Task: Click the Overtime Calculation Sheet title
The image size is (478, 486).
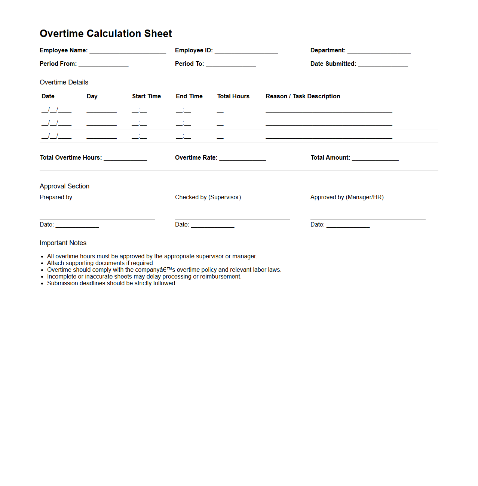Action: click(106, 34)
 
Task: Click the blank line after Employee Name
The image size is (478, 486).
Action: click(128, 51)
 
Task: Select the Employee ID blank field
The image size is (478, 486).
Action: click(246, 51)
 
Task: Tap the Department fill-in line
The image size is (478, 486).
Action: click(379, 51)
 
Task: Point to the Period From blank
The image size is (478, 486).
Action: click(104, 65)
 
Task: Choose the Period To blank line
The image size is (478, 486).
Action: click(231, 65)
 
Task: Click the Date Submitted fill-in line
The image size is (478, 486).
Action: click(383, 65)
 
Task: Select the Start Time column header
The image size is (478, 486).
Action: click(146, 96)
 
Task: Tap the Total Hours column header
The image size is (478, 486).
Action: click(233, 96)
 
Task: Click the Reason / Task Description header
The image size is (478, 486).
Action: click(303, 96)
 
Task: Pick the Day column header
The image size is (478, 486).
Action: click(92, 96)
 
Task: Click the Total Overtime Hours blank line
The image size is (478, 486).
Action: click(125, 159)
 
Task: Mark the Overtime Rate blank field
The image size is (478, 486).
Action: click(242, 159)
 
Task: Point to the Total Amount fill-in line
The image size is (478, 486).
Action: click(375, 159)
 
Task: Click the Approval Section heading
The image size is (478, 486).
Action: click(64, 186)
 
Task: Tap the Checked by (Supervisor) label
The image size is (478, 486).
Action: click(208, 197)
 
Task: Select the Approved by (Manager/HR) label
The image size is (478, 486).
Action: click(347, 197)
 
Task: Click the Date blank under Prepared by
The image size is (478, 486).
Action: click(77, 225)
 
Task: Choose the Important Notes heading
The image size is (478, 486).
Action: click(63, 243)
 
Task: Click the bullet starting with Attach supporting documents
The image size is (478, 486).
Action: click(100, 263)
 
